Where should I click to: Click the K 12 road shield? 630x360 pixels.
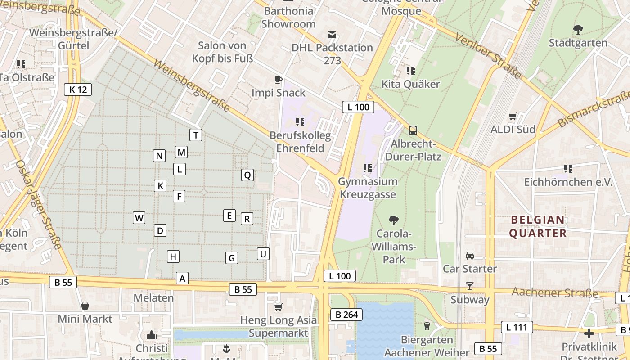point(78,90)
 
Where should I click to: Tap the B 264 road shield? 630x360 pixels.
point(346,315)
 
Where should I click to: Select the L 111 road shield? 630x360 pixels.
point(517,327)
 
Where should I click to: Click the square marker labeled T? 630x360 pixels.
point(195,135)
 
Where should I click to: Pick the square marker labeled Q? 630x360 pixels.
point(247,175)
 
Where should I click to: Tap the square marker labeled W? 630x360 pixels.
point(139,218)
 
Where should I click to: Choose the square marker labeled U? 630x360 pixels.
point(263,254)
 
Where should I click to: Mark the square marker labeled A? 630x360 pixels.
point(182,279)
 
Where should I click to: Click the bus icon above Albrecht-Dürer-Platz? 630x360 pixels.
point(413,130)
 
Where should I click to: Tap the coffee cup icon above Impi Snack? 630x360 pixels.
point(279,80)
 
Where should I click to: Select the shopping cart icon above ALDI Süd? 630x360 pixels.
point(513,117)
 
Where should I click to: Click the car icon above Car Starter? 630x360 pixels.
point(469,256)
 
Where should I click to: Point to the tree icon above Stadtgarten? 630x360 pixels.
point(578,30)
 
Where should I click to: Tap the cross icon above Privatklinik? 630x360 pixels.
point(589,333)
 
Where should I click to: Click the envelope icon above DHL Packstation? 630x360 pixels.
point(332,35)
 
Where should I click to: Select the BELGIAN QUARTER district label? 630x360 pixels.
point(538,226)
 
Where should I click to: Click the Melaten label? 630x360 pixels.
point(153,298)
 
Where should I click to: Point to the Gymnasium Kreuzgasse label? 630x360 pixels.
point(368,188)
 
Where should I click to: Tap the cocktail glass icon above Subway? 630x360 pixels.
point(469,286)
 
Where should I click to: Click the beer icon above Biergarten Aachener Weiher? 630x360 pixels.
point(427,326)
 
